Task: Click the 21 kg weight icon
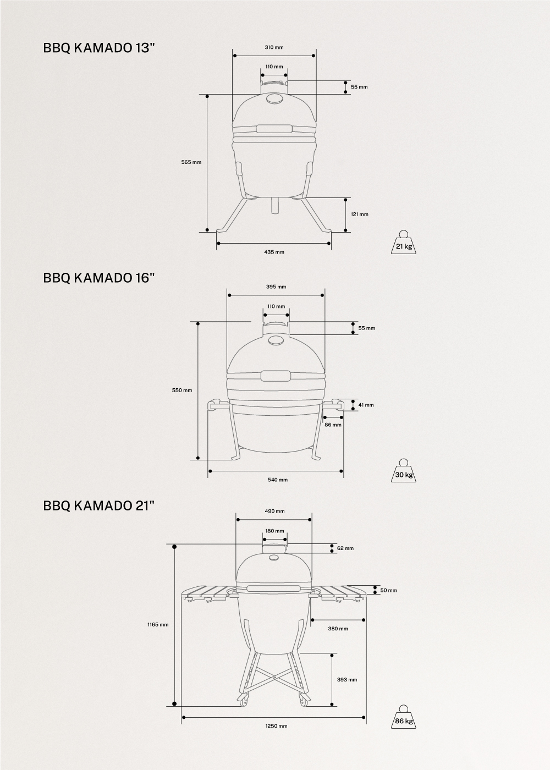coord(403,243)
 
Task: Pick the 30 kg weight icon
coord(403,472)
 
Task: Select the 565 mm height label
coord(191,162)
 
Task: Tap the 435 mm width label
coord(274,252)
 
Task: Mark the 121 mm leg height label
coord(360,214)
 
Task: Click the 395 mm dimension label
coord(276,287)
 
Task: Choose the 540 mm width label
coord(277,480)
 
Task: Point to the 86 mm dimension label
coord(333,425)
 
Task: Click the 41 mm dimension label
coord(366,405)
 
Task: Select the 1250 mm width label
coord(276,726)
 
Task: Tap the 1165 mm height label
coord(158,624)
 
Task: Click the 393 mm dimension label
coord(347,680)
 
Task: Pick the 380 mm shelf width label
coord(338,629)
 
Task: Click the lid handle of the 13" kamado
coord(274,129)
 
